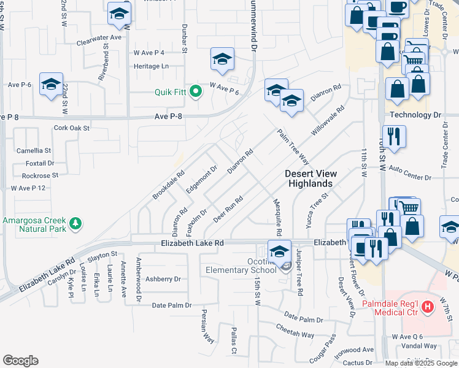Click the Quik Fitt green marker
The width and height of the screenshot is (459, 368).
[196, 93]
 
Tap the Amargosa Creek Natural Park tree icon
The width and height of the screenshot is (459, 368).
[76, 223]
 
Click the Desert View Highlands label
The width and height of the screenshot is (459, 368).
[312, 178]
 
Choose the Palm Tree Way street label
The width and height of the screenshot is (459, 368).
[292, 147]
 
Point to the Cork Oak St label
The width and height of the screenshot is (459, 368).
[72, 128]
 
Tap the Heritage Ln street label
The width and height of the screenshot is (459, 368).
[151, 66]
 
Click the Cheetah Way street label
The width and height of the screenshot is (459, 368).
[296, 334]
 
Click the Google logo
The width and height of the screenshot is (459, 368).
[20, 361]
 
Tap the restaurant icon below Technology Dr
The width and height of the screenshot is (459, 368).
[391, 137]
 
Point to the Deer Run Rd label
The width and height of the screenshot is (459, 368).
[228, 209]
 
